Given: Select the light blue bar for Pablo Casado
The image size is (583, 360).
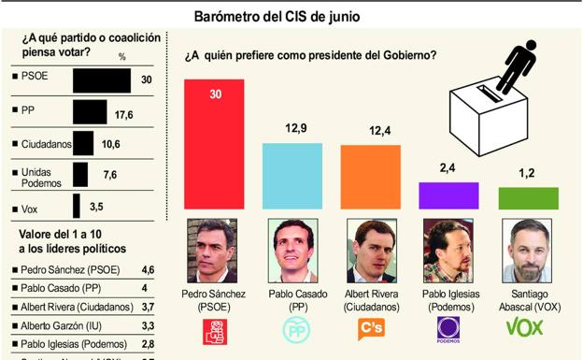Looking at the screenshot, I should [292, 176].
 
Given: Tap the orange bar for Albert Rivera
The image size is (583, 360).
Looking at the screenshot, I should [371, 177].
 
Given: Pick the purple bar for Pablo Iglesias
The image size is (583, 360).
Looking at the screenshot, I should [448, 195].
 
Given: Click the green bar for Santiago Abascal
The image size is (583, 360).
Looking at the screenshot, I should [528, 197].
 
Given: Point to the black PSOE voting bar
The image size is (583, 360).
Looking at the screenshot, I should [102, 80].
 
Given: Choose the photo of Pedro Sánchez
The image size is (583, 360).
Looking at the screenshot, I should [214, 251].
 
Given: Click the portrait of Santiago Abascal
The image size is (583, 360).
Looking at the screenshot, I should [528, 251].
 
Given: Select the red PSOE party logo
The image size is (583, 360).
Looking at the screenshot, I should [214, 329].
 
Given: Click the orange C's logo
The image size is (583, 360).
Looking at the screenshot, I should [371, 329].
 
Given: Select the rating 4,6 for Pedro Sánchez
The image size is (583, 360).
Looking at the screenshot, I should [147, 268].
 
